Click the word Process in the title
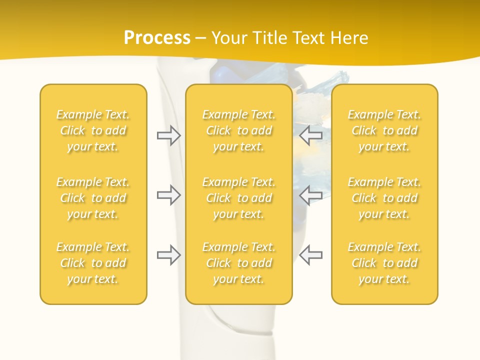[157, 38]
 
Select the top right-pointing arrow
[168, 135]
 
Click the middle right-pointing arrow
[168, 195]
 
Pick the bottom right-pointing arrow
[168, 254]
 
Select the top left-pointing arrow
[311, 135]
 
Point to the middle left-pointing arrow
[311, 195]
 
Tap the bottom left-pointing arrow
[311, 254]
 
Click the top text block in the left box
[93, 130]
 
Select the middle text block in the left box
[93, 198]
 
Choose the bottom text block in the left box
[93, 263]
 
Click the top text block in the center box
[239, 130]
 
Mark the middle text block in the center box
[239, 198]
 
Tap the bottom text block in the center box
[239, 263]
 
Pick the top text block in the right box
[384, 130]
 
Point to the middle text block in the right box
[384, 198]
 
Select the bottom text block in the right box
[384, 263]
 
